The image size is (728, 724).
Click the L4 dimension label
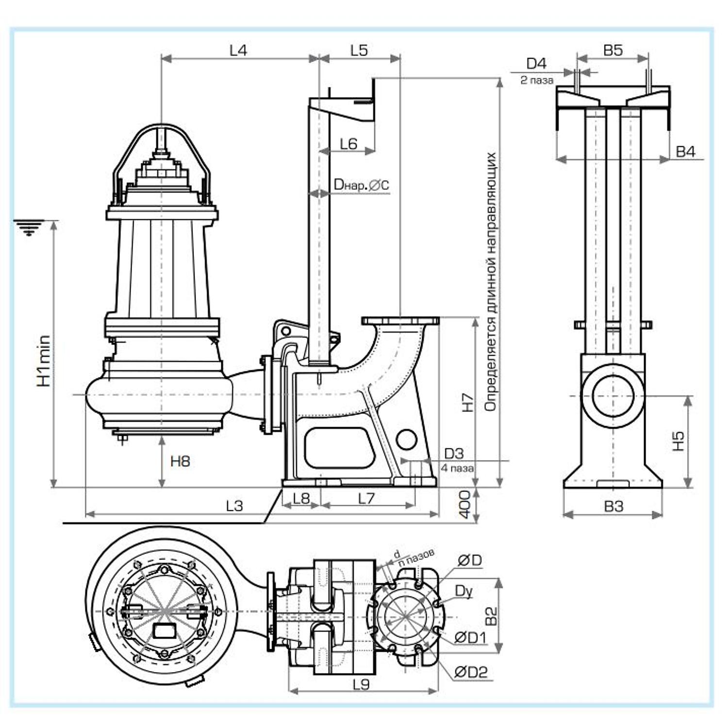(x=238, y=50)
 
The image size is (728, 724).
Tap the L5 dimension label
(x=359, y=50)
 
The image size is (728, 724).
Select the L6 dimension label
(x=348, y=144)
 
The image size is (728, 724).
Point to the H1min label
(x=44, y=361)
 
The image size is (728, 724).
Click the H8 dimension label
(x=180, y=461)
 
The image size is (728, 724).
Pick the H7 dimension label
(x=467, y=402)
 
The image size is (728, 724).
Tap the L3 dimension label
(x=234, y=506)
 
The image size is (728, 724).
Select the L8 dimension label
(x=301, y=498)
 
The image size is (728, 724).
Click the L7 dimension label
(x=366, y=498)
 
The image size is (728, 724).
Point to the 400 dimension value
(x=464, y=504)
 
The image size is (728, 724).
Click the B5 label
(x=613, y=50)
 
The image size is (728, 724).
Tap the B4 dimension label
(x=686, y=151)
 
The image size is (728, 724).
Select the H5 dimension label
(x=678, y=441)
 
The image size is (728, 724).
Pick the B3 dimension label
(x=613, y=506)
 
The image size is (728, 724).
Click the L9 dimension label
(x=362, y=684)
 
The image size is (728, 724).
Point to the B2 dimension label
(x=491, y=616)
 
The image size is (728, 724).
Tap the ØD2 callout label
(x=471, y=672)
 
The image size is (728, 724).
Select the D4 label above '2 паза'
(x=536, y=63)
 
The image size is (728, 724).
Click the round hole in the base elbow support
(x=406, y=440)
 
